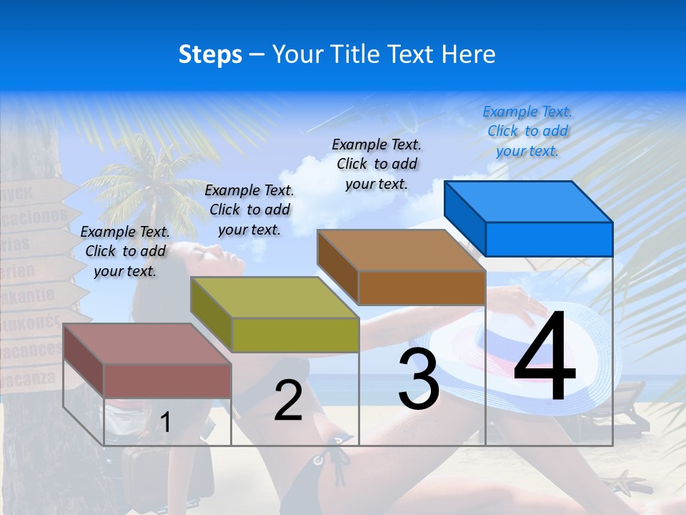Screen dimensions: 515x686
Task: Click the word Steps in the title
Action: coord(210,54)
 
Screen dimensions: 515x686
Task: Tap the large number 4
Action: coord(545,358)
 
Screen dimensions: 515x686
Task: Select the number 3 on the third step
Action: coord(418,379)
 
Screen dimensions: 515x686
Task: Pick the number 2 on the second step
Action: coord(288,401)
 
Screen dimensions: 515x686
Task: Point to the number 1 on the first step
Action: coord(165,422)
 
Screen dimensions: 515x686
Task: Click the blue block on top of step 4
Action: coord(529,218)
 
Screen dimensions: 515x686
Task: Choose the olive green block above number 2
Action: coord(275,315)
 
